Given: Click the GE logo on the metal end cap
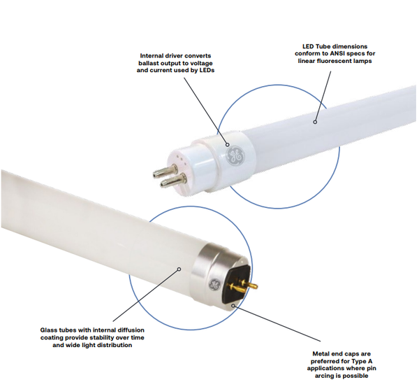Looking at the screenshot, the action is (x=214, y=284).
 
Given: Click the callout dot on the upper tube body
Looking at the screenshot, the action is (x=316, y=122).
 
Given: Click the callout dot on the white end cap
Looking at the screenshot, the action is (x=228, y=145).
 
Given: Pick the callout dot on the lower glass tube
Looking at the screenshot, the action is (x=179, y=269).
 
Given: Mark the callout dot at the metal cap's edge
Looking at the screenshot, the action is (x=234, y=305).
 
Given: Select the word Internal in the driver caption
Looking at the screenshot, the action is (x=154, y=56).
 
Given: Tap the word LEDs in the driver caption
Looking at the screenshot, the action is (x=206, y=71).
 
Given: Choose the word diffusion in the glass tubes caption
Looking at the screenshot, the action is (x=129, y=330).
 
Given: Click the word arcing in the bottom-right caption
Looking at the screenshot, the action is (x=325, y=376).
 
